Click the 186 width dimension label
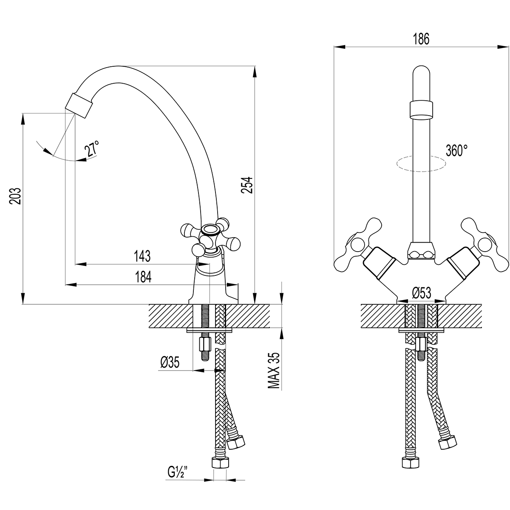pos(421,39)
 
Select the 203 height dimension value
pos(15,196)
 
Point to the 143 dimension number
pos(142,256)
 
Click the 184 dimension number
pos(143,277)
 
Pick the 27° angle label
pos(91,150)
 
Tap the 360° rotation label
pos(456,150)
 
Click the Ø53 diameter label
pos(422,293)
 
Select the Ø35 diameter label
pos(170,362)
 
